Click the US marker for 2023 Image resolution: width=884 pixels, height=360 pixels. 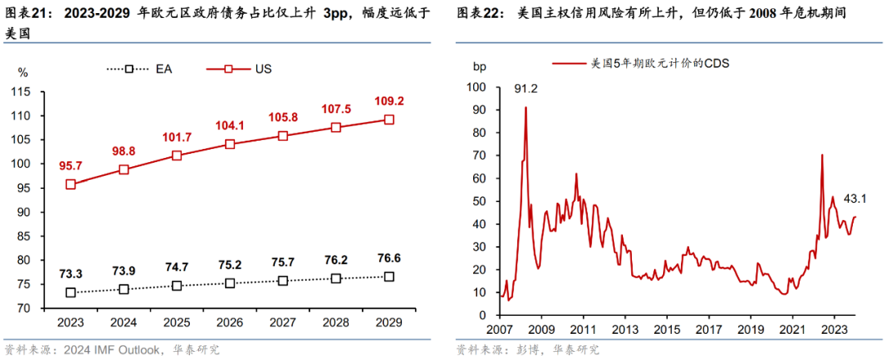coord(70,184)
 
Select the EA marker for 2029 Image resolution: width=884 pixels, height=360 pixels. coord(389,277)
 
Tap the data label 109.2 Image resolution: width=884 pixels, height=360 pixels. coord(389,102)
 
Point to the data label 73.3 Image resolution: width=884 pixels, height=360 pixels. coord(71,272)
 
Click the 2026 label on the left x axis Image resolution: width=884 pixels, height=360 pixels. coord(230,323)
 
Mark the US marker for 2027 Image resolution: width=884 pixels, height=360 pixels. coord(283,136)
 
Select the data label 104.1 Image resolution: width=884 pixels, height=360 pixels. coord(230,125)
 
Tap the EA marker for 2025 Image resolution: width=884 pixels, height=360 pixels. coord(177,286)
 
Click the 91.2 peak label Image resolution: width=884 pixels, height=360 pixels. coord(525,88)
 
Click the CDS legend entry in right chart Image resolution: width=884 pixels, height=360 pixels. coord(642,64)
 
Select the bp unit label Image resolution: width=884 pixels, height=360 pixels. coord(479,65)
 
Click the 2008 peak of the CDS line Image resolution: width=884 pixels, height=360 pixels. coord(525,107)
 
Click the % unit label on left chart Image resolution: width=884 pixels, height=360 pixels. coord(23,72)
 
